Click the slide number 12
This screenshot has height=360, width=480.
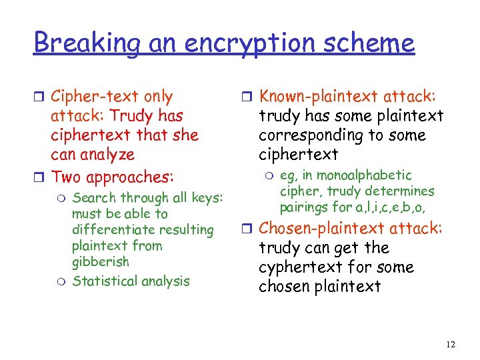coord(451,344)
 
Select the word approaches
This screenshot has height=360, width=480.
coord(131,177)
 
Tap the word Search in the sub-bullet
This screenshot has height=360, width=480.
coord(93,198)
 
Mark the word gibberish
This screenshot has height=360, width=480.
coord(100,262)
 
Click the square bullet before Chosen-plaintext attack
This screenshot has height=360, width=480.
coord(246,229)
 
